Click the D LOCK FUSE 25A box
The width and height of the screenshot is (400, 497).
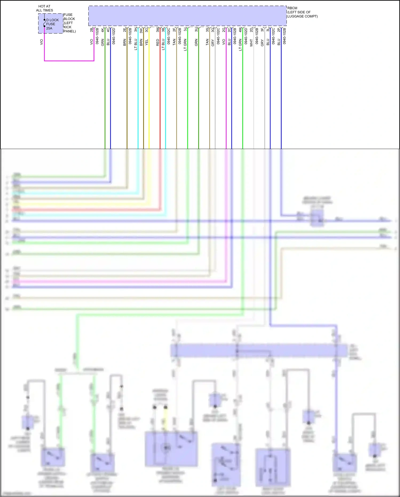pos(51,24)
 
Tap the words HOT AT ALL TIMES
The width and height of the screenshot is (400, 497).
pos(44,8)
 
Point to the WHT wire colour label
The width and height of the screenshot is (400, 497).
pos(251,43)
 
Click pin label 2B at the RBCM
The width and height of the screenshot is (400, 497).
pos(92,30)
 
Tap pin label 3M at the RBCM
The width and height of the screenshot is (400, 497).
pos(158,30)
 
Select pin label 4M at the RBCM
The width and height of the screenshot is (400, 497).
pos(240,30)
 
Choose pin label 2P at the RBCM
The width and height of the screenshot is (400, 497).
pos(279,30)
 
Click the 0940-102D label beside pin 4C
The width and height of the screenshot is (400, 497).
pos(114,36)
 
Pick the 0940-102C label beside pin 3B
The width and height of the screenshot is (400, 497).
pos(169,36)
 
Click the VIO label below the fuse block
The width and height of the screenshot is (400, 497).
pos(41,42)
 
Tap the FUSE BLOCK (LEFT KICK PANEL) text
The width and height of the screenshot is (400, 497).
pos(69,23)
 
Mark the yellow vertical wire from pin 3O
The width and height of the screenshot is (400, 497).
pos(149,93)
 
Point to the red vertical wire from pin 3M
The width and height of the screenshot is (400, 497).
pos(160,93)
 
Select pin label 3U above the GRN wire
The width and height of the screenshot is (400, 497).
pos(196,30)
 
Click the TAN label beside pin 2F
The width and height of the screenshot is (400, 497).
pos(174,42)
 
